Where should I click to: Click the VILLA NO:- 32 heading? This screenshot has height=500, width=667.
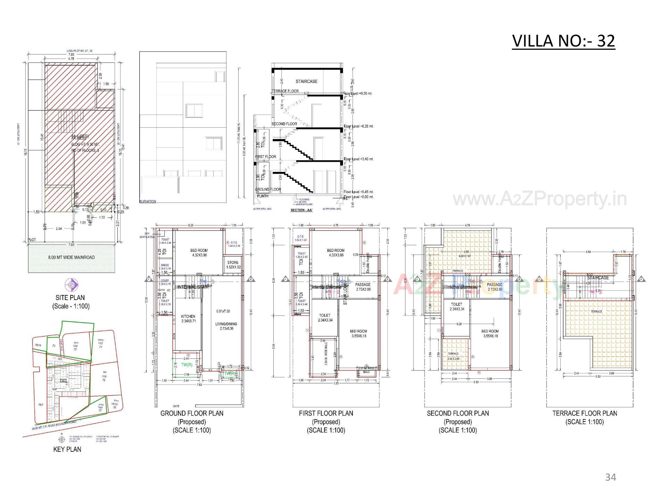[563, 41]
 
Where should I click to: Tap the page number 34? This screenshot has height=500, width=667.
[610, 477]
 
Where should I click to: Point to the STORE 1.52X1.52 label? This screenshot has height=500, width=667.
[233, 265]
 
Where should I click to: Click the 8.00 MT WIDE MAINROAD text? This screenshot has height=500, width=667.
[71, 257]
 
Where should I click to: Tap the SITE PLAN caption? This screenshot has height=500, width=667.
[70, 298]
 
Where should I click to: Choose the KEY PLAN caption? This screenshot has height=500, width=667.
[67, 449]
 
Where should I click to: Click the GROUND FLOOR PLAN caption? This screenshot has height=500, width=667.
[192, 414]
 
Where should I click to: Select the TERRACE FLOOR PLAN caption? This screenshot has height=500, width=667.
[585, 414]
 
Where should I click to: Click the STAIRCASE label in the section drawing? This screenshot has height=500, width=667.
[306, 81]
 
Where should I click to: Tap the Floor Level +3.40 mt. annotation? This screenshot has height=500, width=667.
[359, 159]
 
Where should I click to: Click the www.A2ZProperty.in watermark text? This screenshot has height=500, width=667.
[540, 199]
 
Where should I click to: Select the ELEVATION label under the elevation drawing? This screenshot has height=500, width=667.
[148, 201]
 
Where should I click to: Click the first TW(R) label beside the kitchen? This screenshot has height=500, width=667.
[187, 365]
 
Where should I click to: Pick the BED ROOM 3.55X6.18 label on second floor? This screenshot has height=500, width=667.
[490, 334]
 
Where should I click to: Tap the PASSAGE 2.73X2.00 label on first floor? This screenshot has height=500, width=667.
[363, 287]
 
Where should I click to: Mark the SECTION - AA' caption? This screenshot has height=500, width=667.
[302, 210]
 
